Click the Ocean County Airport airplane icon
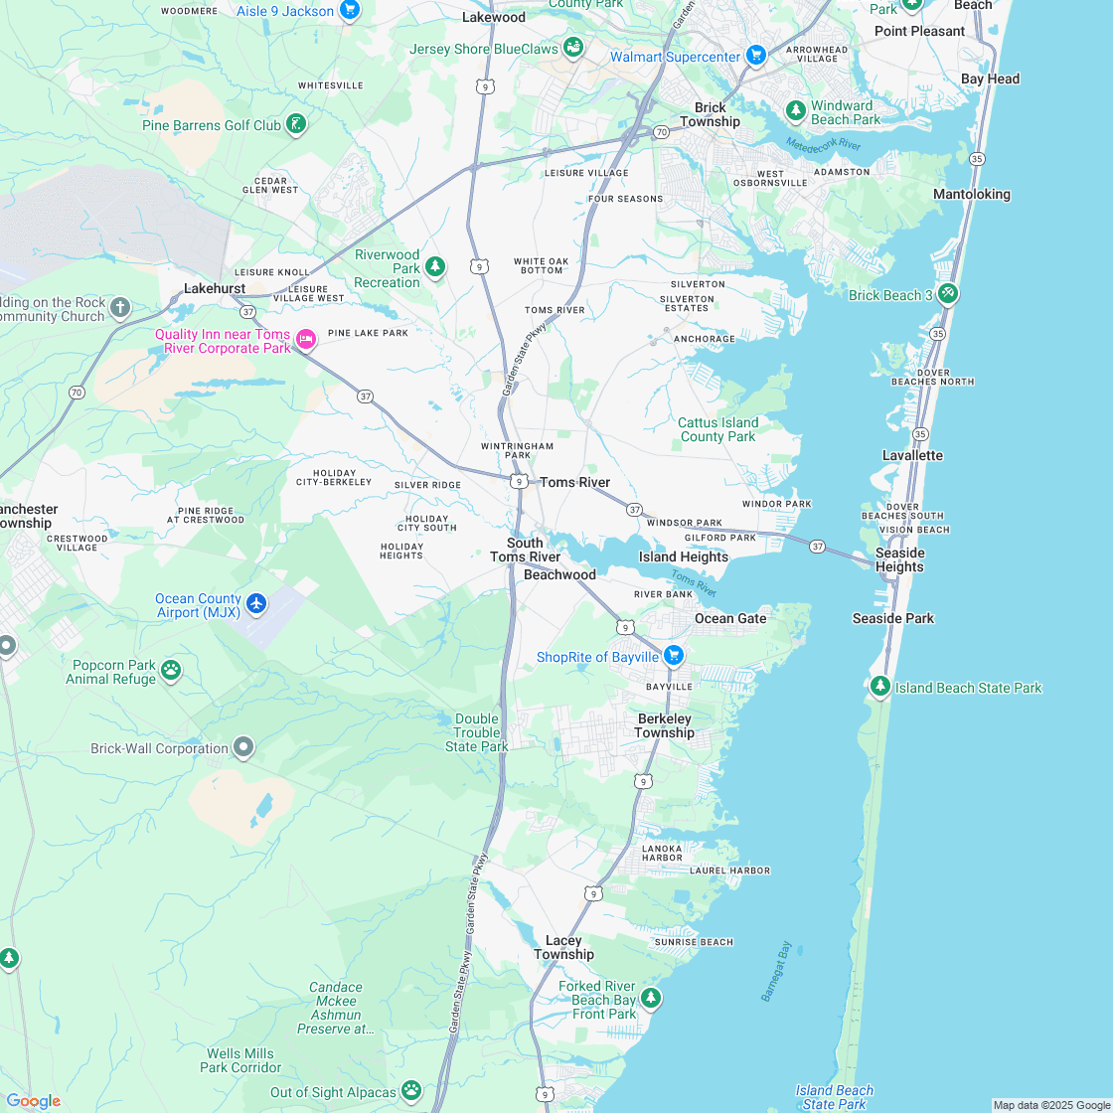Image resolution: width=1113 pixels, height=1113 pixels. [256, 603]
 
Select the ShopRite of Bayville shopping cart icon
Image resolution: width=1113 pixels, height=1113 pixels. [674, 655]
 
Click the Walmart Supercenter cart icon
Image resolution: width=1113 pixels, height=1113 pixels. [755, 56]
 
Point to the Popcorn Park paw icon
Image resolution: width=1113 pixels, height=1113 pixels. [171, 671]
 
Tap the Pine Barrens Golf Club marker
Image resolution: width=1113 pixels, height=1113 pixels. [295, 125]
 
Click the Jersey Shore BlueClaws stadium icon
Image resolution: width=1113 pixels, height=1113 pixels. [572, 47]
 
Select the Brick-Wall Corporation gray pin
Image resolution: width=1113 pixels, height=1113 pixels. [243, 747]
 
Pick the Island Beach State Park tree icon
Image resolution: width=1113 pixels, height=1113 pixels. [879, 686]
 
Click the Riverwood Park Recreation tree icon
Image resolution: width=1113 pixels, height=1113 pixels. [434, 266]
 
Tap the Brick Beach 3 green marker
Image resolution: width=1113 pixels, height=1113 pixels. [947, 293]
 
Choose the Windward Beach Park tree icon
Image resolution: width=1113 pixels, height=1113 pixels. [795, 110]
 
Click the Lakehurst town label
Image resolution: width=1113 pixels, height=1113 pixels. [215, 288]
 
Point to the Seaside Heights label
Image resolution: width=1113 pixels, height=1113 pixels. [899, 559]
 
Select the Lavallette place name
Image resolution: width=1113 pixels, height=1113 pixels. [912, 455]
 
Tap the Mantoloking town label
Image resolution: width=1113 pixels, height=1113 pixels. [971, 194]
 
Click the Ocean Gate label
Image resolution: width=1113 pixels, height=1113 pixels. [730, 618]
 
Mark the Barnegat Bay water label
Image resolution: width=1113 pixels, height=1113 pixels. [776, 971]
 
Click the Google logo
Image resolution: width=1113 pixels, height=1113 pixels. [33, 1100]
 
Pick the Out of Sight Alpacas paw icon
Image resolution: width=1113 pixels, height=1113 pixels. [411, 1091]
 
